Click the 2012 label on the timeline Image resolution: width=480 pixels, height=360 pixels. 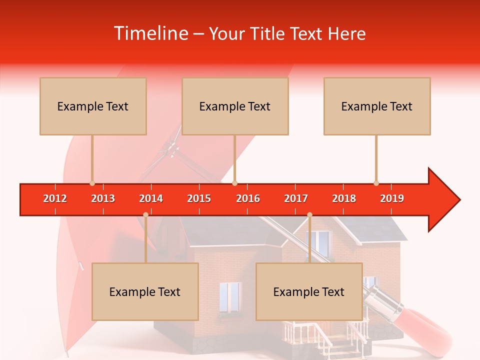[x=55, y=198]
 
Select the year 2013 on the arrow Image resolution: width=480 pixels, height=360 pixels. [x=103, y=198]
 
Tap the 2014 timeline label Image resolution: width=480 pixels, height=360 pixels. [x=151, y=198]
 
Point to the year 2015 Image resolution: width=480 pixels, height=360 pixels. [x=199, y=198]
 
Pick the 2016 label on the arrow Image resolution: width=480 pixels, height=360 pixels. [x=248, y=198]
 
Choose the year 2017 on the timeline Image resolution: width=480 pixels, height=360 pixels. [x=296, y=198]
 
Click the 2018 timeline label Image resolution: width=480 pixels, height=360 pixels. [x=344, y=198]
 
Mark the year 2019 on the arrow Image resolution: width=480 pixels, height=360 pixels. [x=392, y=198]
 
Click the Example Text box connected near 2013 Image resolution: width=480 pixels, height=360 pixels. [x=93, y=106]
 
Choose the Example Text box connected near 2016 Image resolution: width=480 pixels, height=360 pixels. [x=235, y=106]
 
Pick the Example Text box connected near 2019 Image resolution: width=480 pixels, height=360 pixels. [x=377, y=106]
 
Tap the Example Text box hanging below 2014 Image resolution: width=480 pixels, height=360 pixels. [x=145, y=291]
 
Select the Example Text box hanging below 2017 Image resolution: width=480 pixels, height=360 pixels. [x=309, y=291]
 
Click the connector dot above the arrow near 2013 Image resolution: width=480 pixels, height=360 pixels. [x=92, y=183]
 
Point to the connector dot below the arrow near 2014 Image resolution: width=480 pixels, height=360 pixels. [x=145, y=214]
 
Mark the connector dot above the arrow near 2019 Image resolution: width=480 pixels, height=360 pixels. [x=376, y=183]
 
